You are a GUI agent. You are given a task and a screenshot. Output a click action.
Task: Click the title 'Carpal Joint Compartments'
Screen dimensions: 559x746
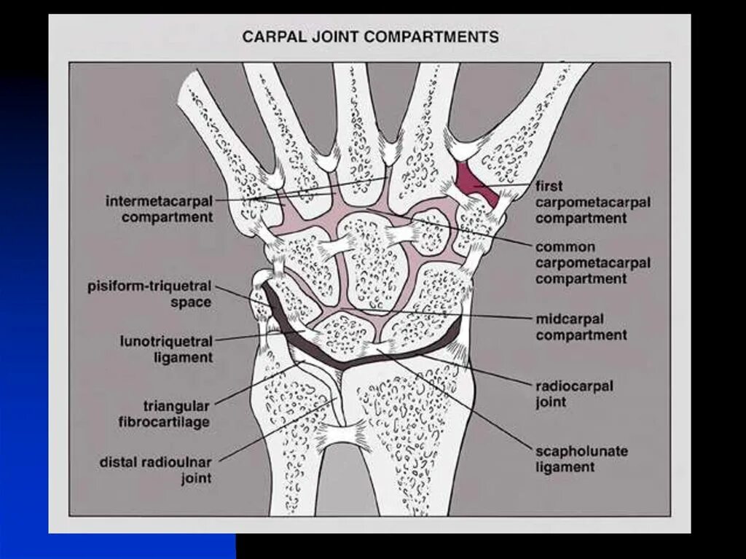(370, 36)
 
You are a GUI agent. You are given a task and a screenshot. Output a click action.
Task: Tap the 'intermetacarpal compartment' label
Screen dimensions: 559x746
(160, 208)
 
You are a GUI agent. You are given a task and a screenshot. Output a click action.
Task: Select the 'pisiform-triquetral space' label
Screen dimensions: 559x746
(149, 294)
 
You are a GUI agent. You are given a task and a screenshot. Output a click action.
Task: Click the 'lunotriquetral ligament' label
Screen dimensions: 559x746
(166, 349)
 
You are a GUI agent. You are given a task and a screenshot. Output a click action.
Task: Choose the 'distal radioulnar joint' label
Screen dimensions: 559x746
(155, 470)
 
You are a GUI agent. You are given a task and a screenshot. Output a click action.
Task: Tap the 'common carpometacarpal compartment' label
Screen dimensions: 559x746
(592, 263)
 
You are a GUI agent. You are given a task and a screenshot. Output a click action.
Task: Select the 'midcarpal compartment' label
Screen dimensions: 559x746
(581, 327)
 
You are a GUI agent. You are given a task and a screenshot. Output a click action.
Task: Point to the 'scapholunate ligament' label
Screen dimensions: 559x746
(581, 459)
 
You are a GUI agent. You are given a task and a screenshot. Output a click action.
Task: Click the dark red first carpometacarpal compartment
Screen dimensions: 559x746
(474, 182)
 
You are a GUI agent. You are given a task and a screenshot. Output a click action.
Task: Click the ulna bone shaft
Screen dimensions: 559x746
(288, 452)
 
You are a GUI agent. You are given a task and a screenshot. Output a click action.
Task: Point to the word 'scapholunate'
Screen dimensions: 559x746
(581, 451)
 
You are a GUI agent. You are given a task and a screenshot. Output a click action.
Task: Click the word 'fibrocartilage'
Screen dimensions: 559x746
(166, 421)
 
